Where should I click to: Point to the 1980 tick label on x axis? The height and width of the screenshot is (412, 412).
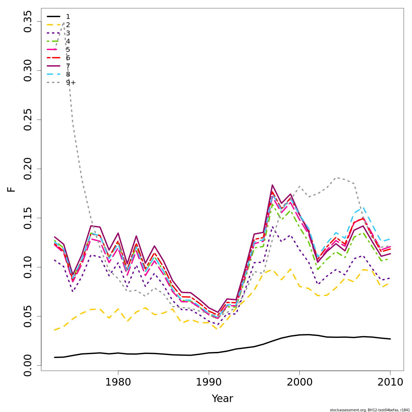pyautogui.click(x=118, y=382)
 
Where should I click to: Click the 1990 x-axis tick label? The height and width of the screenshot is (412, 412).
pyautogui.click(x=209, y=382)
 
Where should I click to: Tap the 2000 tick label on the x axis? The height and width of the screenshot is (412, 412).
pyautogui.click(x=299, y=382)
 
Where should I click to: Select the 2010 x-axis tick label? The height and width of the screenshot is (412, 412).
pyautogui.click(x=390, y=382)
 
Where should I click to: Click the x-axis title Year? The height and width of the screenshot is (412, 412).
pyautogui.click(x=222, y=399)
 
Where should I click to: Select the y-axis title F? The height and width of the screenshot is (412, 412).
pyautogui.click(x=12, y=189)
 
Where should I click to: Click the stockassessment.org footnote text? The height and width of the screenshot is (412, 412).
pyautogui.click(x=369, y=410)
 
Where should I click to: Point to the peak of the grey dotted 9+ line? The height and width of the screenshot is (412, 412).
pyautogui.click(x=64, y=23)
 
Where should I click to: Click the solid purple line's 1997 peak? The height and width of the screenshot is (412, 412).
pyautogui.click(x=272, y=185)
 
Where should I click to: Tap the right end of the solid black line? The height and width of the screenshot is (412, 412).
pyautogui.click(x=390, y=339)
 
